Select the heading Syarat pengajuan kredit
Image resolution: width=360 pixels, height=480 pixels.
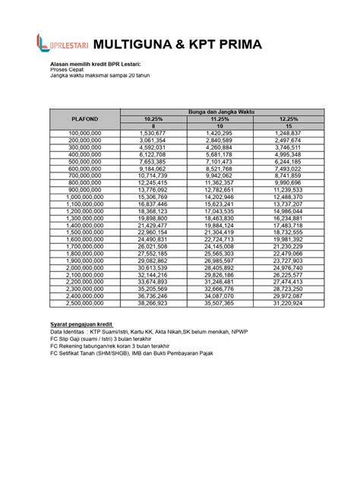pos(81,324)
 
